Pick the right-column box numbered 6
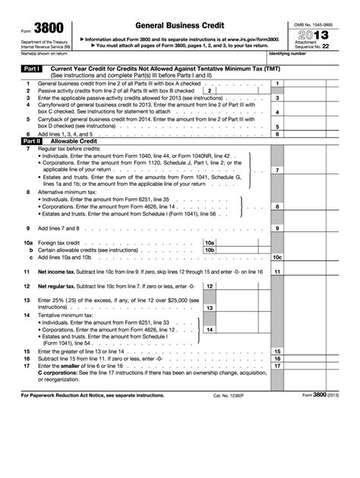tap(278, 134)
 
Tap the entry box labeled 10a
tap(210, 241)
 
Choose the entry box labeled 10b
tap(210, 249)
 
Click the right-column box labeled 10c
tap(278, 257)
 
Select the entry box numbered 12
tap(210, 286)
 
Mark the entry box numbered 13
tap(209, 308)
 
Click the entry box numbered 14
tap(209, 330)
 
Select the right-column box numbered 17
tap(278, 366)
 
